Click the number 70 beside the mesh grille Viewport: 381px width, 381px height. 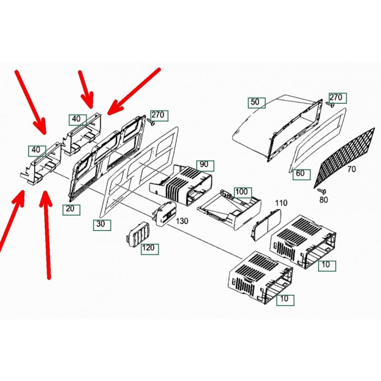351,169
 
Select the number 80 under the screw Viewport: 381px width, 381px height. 323,200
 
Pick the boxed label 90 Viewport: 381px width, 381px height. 205,166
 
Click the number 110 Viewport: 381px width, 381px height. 281,203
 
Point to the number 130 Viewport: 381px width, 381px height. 182,221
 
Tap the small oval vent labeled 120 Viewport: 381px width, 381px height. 137,234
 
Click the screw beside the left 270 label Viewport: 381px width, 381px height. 151,122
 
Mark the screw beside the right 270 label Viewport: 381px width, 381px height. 330,104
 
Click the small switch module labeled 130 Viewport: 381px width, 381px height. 163,214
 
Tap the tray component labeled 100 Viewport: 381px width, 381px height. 230,209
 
